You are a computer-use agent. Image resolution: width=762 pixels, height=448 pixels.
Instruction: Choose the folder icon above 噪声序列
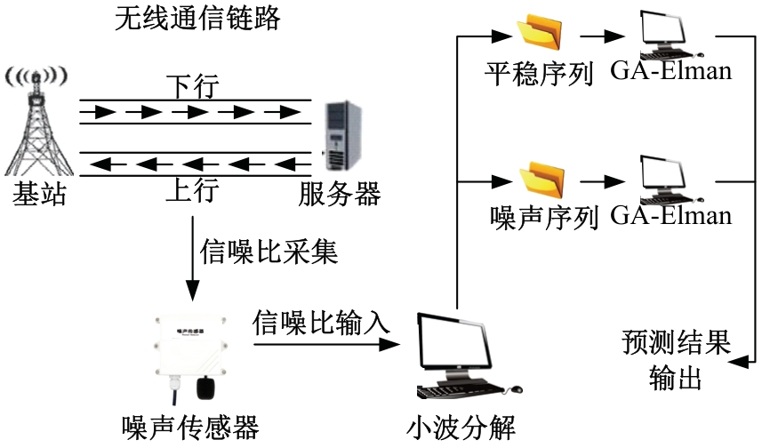tap(541, 180)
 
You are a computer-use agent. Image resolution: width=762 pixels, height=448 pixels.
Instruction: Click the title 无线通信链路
tap(197, 19)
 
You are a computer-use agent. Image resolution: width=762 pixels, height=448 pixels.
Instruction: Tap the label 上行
tap(192, 191)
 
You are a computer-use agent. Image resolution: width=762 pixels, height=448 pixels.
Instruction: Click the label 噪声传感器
tap(190, 428)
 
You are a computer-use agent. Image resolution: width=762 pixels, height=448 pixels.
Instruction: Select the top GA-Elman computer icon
tap(668, 34)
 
